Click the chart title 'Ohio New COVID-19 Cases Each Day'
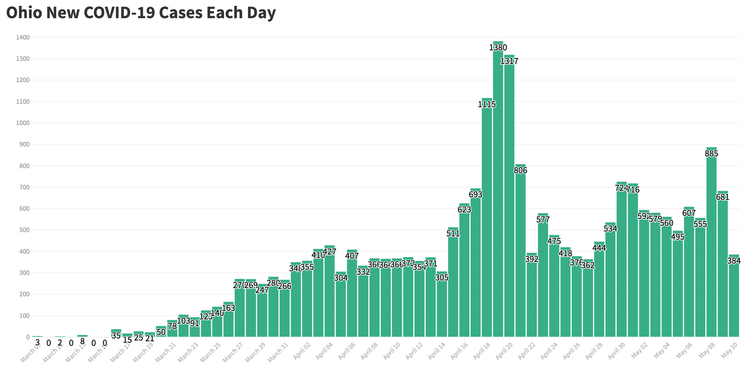141,13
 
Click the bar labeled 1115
487,218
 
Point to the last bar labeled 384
734,300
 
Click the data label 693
475,194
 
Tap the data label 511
453,233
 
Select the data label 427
329,252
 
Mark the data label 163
229,308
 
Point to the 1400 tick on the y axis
23,37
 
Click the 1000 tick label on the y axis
23,123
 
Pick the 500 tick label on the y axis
24,230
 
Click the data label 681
723,197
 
